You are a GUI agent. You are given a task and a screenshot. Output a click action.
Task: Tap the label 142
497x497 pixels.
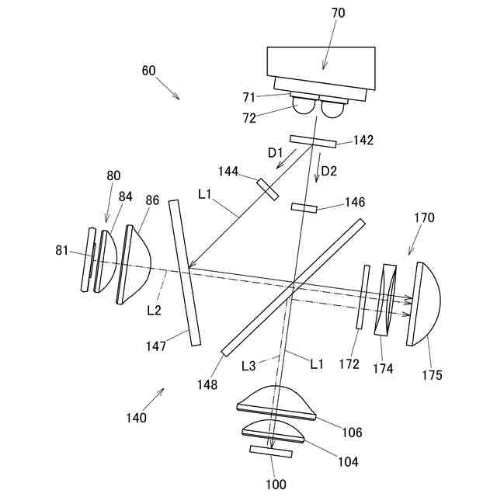coord(363,141)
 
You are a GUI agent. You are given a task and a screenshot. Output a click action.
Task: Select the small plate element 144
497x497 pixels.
coord(268,189)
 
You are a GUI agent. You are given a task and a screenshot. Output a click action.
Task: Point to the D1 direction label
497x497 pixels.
coord(276,154)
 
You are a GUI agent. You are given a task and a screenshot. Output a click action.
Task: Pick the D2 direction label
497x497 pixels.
coord(329,171)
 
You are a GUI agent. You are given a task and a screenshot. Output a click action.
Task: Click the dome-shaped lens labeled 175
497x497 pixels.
coord(426,302)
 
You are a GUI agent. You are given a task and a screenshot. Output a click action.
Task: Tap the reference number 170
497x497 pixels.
coord(424,218)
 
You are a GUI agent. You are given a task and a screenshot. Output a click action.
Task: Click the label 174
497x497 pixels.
coord(384,368)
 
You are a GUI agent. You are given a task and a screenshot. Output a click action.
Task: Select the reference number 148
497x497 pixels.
coord(207,384)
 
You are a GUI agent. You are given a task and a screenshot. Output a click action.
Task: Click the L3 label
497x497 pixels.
coord(248,363)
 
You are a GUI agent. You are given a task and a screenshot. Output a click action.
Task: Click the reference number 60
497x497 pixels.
coord(148,71)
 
